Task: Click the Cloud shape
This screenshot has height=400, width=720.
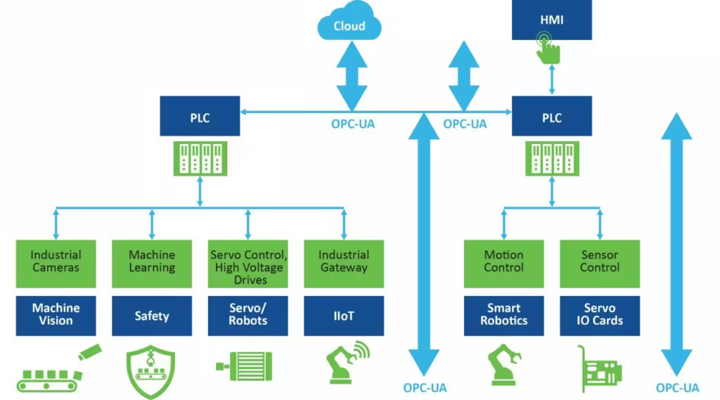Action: [x=349, y=26]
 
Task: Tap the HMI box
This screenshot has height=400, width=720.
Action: [x=552, y=20]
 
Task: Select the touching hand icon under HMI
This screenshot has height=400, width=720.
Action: [x=549, y=47]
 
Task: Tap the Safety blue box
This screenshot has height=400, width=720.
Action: [x=152, y=316]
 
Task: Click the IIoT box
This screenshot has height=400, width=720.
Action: [x=344, y=316]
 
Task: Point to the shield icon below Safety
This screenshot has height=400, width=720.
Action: [x=152, y=370]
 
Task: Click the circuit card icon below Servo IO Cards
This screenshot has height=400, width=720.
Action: [x=599, y=368]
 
